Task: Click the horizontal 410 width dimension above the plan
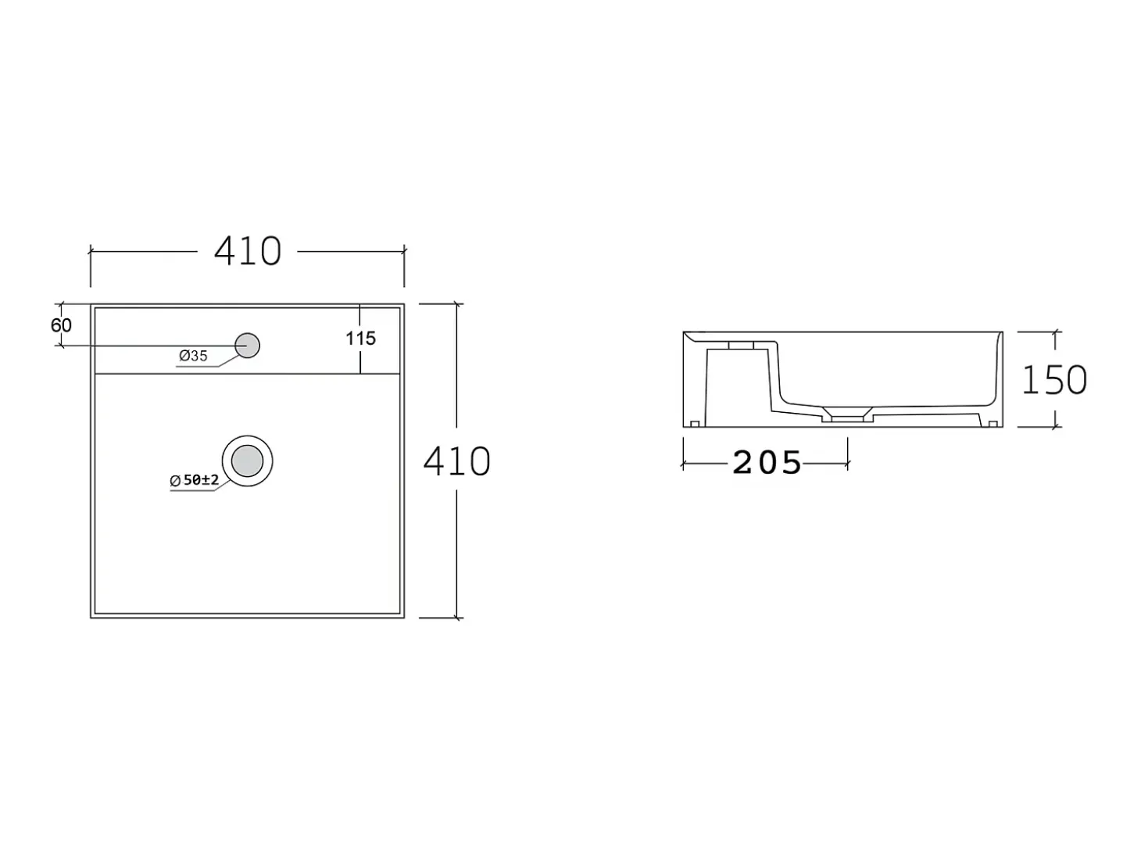(248, 251)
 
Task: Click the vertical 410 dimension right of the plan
(457, 461)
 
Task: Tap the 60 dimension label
(61, 325)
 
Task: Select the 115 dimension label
(361, 339)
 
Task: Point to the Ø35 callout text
(193, 356)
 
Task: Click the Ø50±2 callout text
(195, 480)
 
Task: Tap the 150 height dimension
(1054, 379)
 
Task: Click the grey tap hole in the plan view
(248, 346)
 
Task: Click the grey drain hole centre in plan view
(248, 461)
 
